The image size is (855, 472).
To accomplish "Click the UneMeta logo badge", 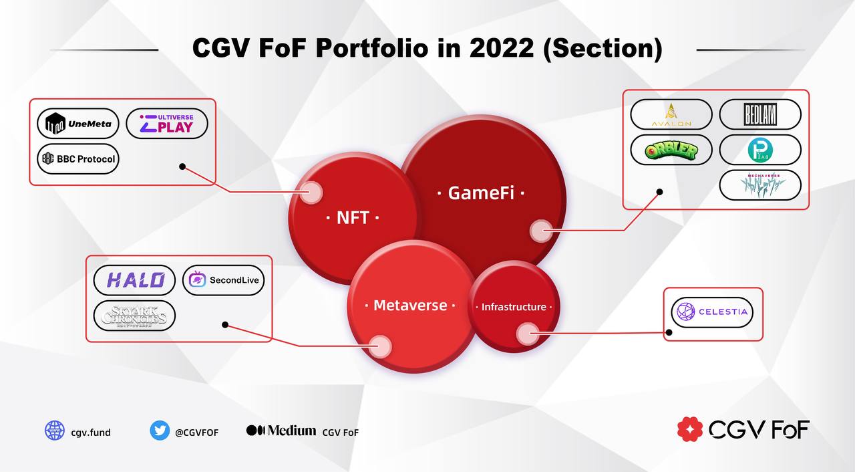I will pyautogui.click(x=78, y=124).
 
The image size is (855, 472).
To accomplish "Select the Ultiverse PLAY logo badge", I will pyautogui.click(x=167, y=124).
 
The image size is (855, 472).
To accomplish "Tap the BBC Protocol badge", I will pyautogui.click(x=78, y=159).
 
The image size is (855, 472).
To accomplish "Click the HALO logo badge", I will pyautogui.click(x=135, y=280).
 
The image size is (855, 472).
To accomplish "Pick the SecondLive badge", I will pyautogui.click(x=224, y=280).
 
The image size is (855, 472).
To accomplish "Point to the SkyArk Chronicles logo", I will pyautogui.click(x=135, y=316).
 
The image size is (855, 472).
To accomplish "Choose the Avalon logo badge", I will pyautogui.click(x=671, y=114).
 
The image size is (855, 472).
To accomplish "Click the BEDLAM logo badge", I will pyautogui.click(x=760, y=114).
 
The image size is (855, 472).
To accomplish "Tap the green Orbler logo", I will pyautogui.click(x=671, y=150).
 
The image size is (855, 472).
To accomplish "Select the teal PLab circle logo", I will pyautogui.click(x=760, y=150).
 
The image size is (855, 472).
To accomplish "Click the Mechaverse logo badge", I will pyautogui.click(x=760, y=185).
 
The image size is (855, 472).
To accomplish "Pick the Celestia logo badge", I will pyautogui.click(x=712, y=312).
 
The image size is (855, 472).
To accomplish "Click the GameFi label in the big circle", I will pyautogui.click(x=481, y=193).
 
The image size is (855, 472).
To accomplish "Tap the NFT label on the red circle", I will pyautogui.click(x=353, y=217).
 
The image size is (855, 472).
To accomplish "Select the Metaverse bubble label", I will pyautogui.click(x=410, y=306).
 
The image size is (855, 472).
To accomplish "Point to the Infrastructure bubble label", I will pyautogui.click(x=514, y=307).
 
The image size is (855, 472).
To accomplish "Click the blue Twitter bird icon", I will pyautogui.click(x=160, y=431).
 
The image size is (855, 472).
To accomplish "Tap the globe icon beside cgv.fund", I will pyautogui.click(x=55, y=431).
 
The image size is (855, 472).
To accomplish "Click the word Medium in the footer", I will pyautogui.click(x=292, y=431).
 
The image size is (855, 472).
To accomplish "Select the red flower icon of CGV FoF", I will pyautogui.click(x=690, y=429).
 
